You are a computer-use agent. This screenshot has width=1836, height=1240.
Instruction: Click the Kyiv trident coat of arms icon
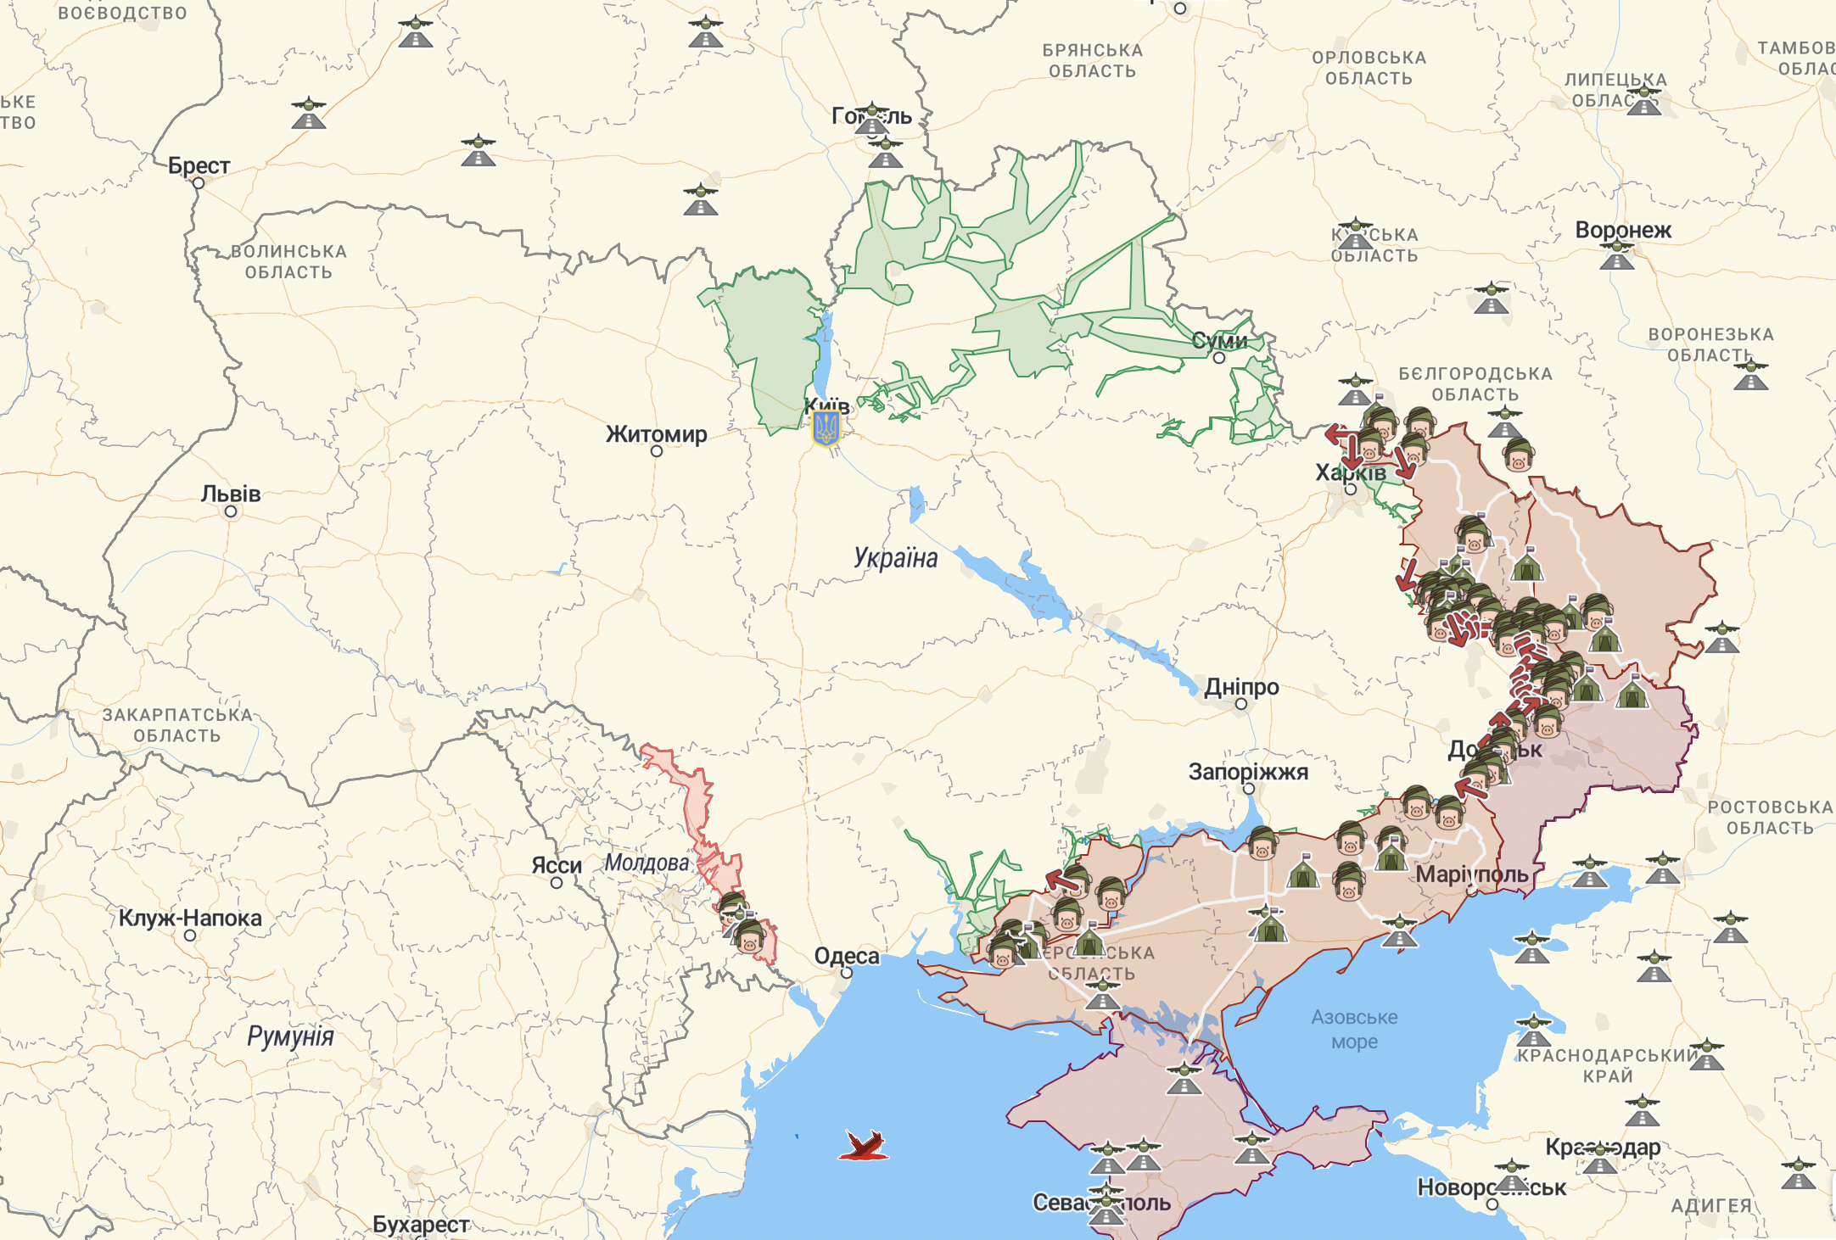826,429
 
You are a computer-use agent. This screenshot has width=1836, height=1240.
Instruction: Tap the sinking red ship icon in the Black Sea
864,1146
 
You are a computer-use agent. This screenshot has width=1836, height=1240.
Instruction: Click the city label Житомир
656,434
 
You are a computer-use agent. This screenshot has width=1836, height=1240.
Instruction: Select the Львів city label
231,494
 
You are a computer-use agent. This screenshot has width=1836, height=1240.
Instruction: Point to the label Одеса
847,956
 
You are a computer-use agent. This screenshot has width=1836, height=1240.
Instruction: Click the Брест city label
199,165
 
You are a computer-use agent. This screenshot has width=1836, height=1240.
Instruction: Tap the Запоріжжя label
1248,772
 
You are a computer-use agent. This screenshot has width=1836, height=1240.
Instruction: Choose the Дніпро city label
1241,687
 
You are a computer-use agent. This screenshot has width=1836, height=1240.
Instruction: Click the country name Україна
895,558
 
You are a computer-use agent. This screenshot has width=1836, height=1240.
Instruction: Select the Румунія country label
290,1036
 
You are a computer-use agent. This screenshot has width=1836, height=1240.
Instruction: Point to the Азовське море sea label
1354,1029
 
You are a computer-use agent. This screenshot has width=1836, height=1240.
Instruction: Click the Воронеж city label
1622,230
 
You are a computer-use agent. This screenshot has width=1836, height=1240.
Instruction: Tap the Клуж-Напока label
190,918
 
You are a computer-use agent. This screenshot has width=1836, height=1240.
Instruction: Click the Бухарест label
421,1225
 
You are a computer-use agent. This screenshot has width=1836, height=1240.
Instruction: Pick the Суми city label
1219,341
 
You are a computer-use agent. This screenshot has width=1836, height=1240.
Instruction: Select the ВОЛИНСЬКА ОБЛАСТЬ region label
288,262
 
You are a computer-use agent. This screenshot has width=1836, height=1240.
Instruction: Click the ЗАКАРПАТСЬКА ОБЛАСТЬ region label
177,725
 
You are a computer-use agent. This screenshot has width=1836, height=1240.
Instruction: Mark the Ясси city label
556,865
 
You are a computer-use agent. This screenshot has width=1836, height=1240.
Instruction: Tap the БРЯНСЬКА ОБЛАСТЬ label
1092,61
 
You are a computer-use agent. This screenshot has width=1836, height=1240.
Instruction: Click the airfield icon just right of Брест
308,113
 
